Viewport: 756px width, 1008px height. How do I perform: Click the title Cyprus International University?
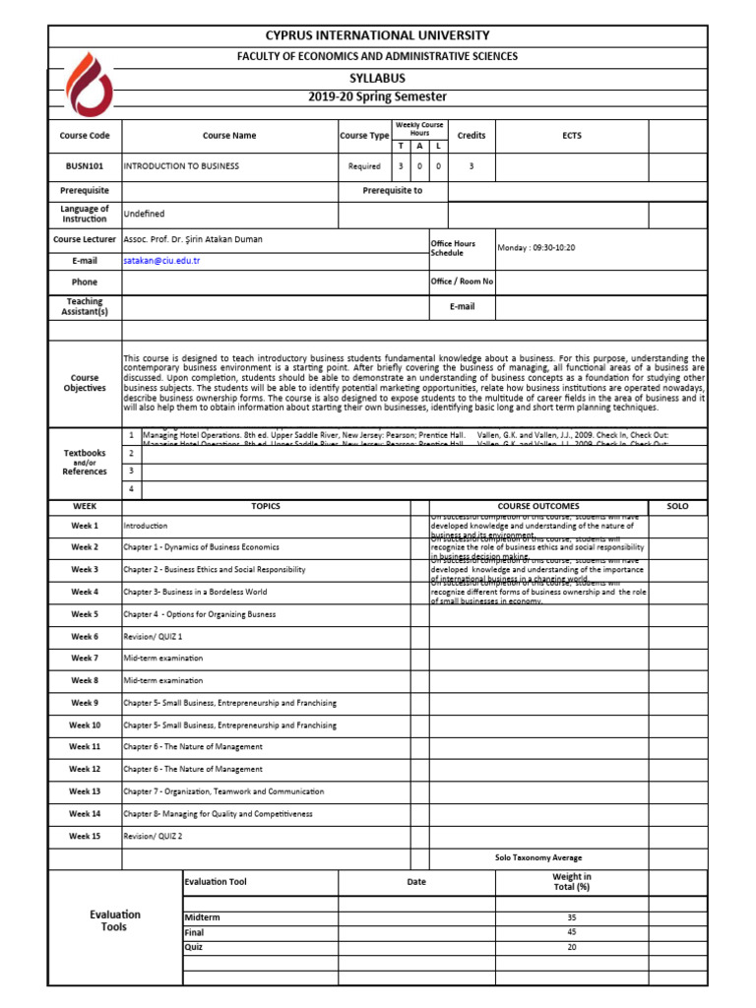tap(377, 35)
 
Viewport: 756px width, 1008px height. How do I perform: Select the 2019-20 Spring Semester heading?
tap(377, 96)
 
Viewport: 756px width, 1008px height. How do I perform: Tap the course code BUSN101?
tap(86, 166)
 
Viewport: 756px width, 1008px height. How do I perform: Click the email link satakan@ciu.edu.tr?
tap(161, 261)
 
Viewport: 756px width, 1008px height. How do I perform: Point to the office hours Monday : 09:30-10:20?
tap(536, 248)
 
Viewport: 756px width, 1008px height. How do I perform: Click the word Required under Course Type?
tap(364, 166)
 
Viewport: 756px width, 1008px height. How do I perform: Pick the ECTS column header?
tap(571, 136)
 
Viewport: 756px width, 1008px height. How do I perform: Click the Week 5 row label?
tap(85, 614)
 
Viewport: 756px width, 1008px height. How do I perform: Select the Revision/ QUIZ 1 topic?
tap(153, 637)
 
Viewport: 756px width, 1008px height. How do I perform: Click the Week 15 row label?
tap(85, 836)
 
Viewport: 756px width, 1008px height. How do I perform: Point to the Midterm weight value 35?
tap(572, 917)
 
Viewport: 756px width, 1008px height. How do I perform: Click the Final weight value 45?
tap(572, 932)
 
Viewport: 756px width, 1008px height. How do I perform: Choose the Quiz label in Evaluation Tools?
tap(193, 947)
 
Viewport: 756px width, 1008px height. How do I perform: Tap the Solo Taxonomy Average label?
tap(538, 858)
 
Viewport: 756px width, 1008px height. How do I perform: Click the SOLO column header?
tap(677, 506)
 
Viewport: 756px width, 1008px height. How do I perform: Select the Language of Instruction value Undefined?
tap(144, 214)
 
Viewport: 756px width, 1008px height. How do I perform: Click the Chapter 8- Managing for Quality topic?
tap(218, 814)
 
